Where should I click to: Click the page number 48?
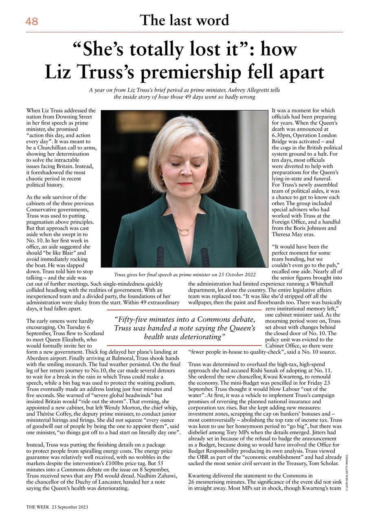tap(31, 21)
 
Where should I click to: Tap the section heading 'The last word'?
tap(184, 20)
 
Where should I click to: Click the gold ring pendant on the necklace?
tap(184, 232)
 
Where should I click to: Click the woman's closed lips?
tap(184, 184)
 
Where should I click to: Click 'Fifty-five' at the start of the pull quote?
tap(133, 319)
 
